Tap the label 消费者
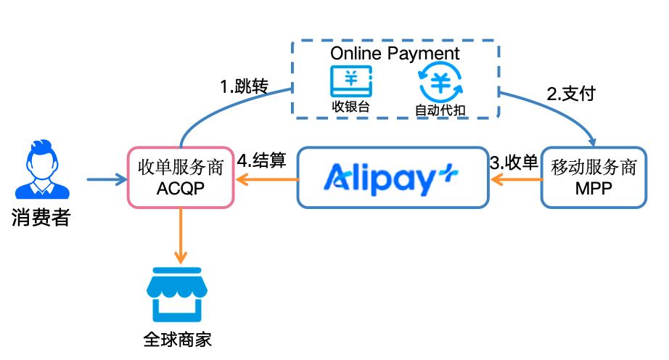coord(41,216)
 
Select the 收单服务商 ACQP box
coord(181,177)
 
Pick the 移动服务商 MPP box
coord(593,177)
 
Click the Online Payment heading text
coord(395,54)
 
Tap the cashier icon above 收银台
coord(351,81)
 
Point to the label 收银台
coord(351,107)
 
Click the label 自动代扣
coord(440,110)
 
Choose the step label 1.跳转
coord(244,87)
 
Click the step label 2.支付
coord(571,94)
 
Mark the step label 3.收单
coord(514,163)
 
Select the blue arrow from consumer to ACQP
coord(105,178)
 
